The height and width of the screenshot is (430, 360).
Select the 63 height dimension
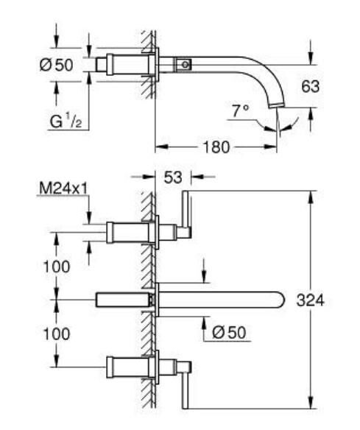pyautogui.click(x=311, y=86)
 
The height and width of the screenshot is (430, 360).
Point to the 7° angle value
pyautogui.click(x=240, y=111)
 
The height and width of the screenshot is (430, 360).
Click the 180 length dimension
pyautogui.click(x=215, y=147)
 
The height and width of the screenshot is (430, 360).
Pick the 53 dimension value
pyautogui.click(x=172, y=177)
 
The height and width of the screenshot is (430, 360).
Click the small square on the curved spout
pyautogui.click(x=184, y=65)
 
